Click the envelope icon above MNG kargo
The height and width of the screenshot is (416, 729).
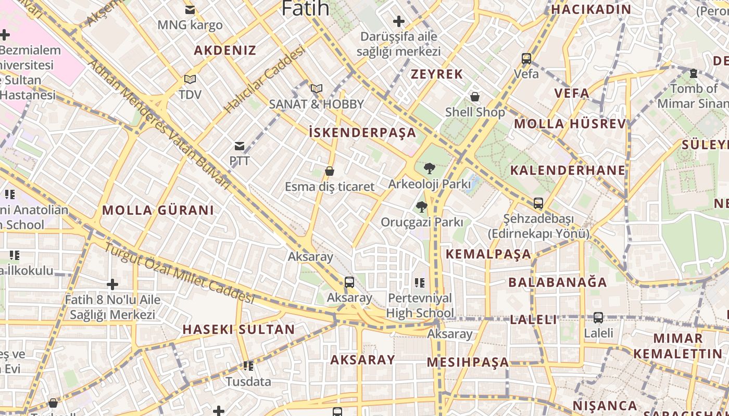190,9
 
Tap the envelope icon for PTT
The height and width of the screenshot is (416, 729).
240,146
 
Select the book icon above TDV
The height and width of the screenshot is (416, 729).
190,79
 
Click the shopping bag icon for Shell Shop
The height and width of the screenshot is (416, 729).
475,97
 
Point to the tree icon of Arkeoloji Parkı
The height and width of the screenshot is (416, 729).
430,168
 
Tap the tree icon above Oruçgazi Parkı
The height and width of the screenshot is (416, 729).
422,207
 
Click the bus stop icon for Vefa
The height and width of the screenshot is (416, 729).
526,59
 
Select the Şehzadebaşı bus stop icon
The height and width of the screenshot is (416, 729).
538,203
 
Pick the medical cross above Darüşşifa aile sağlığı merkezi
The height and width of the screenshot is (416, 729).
399,21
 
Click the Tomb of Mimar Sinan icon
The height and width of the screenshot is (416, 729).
694,73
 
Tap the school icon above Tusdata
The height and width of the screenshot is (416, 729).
248,366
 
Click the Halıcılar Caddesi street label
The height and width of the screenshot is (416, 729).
265,80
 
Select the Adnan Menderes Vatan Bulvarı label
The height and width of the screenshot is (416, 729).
159,124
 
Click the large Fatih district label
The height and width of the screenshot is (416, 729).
305,8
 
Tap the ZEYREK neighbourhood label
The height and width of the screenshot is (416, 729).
437,74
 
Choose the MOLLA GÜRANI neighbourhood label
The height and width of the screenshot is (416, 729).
158,210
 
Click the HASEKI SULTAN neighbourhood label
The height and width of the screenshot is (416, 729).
238,329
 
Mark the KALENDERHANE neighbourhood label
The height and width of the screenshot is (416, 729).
568,170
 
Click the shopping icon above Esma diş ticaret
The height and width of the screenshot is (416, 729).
330,171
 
